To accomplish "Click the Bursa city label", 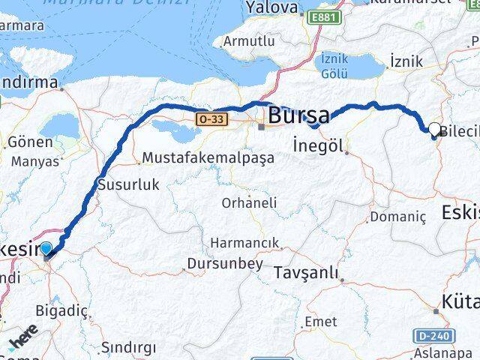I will coord(298,115).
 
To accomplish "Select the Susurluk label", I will coord(129,184).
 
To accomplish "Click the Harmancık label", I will coord(244,243).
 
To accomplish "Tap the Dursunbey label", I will coord(226,264).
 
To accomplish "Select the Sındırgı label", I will coord(129,347).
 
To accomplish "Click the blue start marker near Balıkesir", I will coord(46,250).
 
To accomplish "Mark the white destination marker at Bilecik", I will coord(435,130).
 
